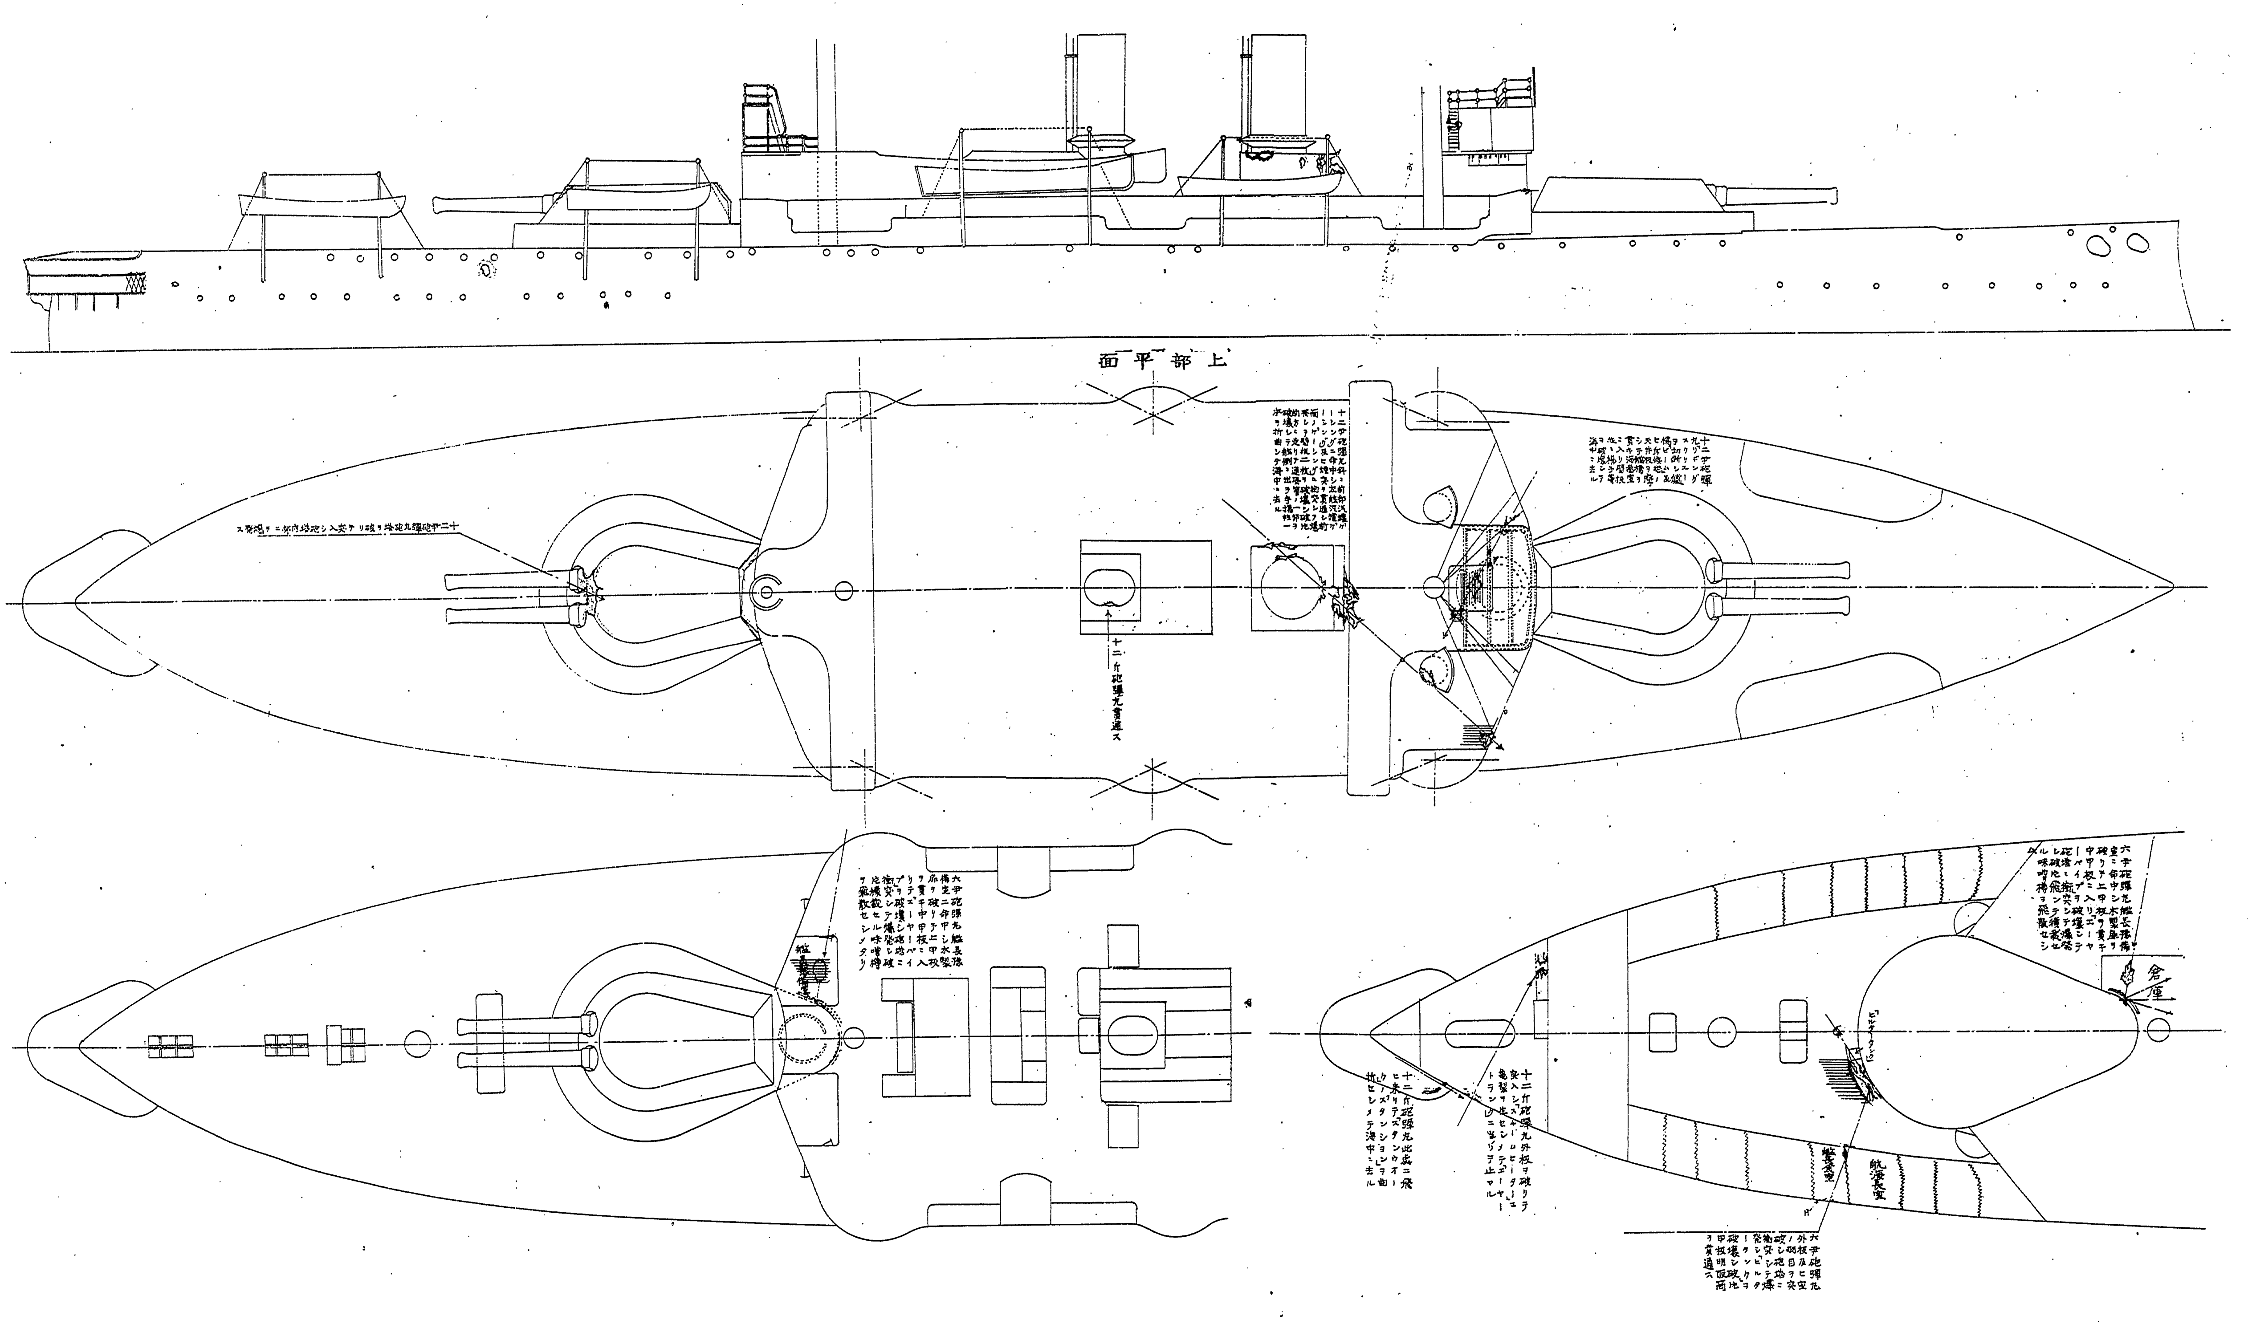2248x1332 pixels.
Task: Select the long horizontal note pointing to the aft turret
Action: point(350,530)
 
